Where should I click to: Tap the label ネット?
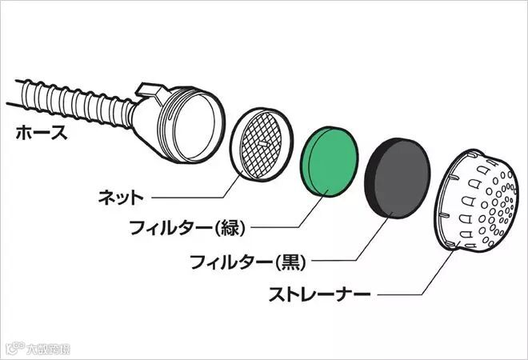121,195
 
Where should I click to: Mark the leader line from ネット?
192,195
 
